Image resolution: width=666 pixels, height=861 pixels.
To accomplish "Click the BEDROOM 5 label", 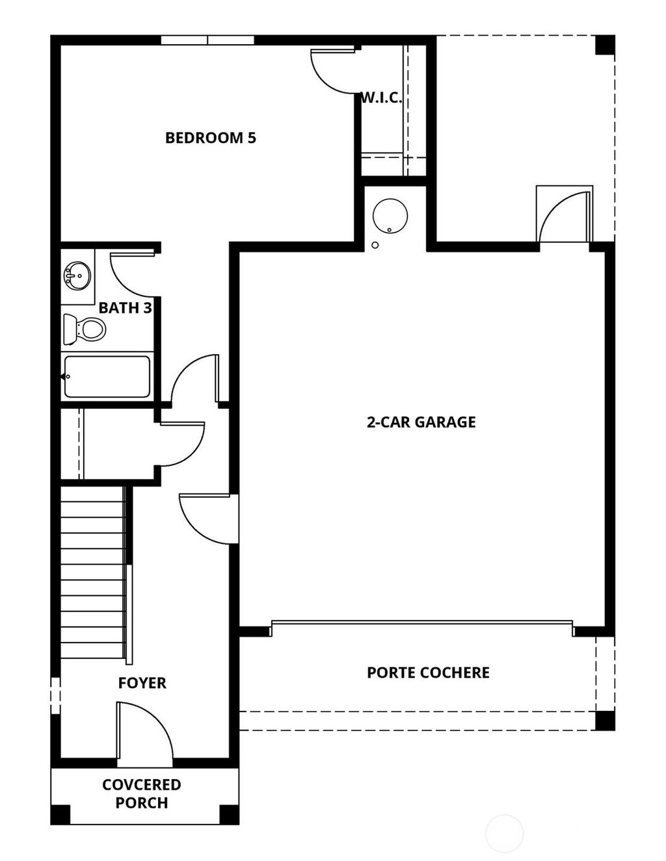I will pyautogui.click(x=210, y=138).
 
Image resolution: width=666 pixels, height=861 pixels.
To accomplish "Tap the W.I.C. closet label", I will pyautogui.click(x=381, y=99).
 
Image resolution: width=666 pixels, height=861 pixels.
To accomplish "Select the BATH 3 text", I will pyautogui.click(x=125, y=308).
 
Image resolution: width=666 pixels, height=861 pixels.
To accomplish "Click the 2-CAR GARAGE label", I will pyautogui.click(x=421, y=422).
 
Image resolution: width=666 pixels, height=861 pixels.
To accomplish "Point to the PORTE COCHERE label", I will pyautogui.click(x=428, y=673).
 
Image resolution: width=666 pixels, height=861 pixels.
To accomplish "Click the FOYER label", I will pyautogui.click(x=142, y=683).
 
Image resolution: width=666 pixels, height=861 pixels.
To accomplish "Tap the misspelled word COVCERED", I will pyautogui.click(x=141, y=785).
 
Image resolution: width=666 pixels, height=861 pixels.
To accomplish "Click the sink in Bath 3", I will pyautogui.click(x=77, y=276).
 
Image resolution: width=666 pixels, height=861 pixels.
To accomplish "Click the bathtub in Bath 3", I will pyautogui.click(x=107, y=376).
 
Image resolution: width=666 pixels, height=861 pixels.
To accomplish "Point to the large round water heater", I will pyautogui.click(x=390, y=216).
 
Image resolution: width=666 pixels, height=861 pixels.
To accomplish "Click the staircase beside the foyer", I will pyautogui.click(x=92, y=572).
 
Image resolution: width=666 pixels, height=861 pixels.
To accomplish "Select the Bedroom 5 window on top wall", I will pyautogui.click(x=207, y=40).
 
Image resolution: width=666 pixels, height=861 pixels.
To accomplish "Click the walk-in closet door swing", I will pyautogui.click(x=334, y=68).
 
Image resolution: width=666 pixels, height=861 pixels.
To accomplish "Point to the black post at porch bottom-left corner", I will pyautogui.click(x=60, y=814).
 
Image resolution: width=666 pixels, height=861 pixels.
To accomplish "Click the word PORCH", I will pyautogui.click(x=141, y=803).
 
